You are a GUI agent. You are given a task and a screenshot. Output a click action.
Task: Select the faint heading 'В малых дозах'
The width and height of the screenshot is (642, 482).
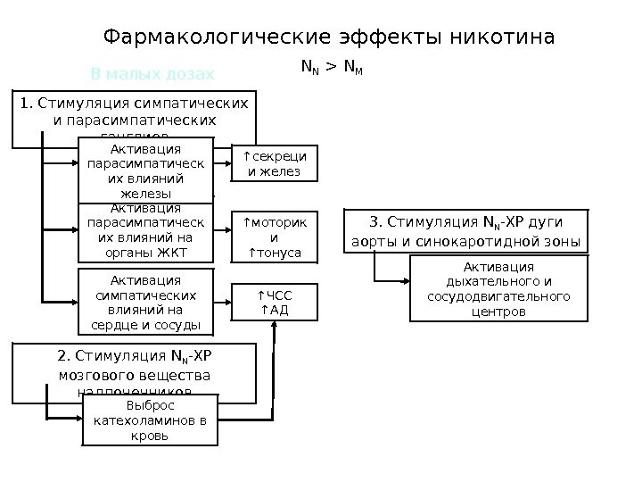(152, 73)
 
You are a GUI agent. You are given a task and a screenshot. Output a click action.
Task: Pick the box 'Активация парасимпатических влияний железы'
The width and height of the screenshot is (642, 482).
(146, 170)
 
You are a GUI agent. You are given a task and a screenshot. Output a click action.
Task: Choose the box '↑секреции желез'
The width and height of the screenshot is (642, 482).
(275, 165)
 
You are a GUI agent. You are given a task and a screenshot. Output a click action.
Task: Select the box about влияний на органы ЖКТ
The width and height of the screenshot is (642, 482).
(146, 235)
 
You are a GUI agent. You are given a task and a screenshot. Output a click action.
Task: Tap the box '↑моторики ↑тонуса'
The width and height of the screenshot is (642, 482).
(275, 237)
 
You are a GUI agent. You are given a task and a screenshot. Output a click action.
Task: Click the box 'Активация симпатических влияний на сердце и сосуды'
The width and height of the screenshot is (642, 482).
(146, 302)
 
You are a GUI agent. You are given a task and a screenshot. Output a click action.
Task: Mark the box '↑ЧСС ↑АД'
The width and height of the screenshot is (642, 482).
(275, 303)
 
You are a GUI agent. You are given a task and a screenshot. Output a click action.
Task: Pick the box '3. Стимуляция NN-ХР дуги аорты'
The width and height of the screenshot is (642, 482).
(465, 231)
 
